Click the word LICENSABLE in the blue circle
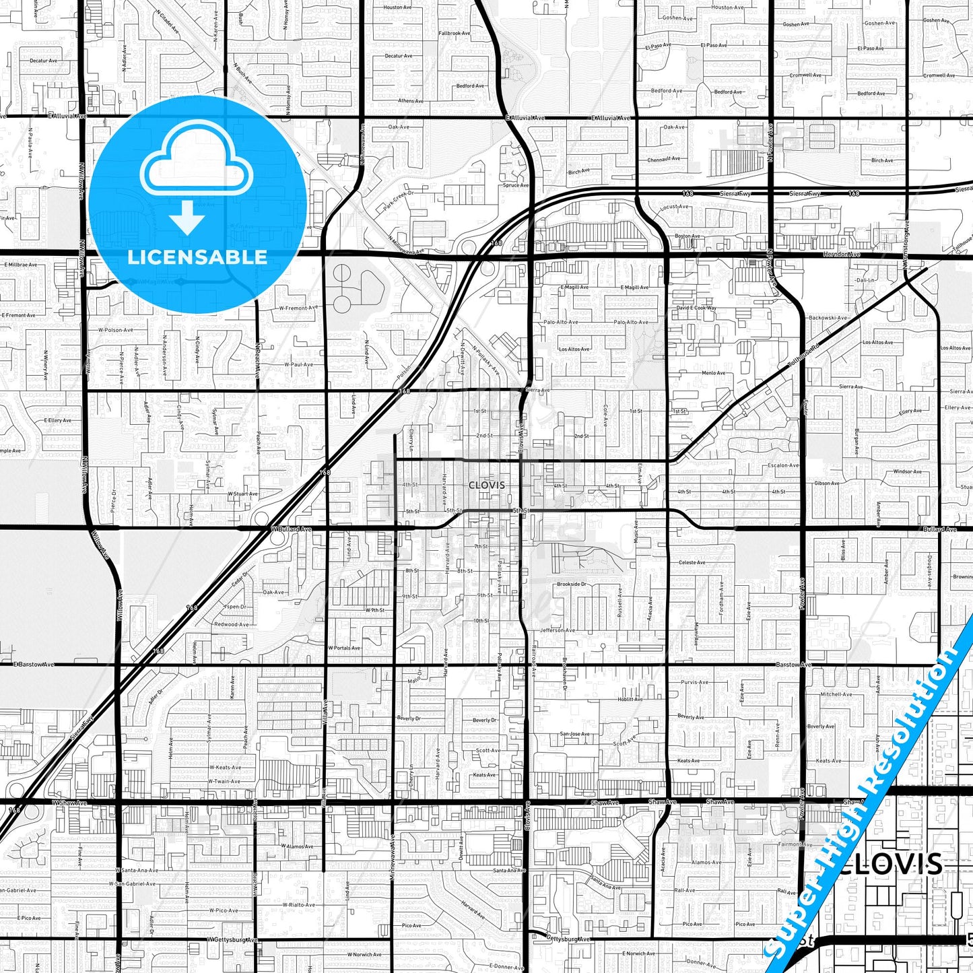(197, 257)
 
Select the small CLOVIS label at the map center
(486, 485)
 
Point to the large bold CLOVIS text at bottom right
(891, 864)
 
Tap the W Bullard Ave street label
(291, 529)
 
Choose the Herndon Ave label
(841, 255)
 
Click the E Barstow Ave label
(34, 664)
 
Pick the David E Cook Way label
(696, 308)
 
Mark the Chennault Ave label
(663, 160)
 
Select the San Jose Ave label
(574, 734)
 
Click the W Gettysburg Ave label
(232, 939)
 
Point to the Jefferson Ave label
(558, 630)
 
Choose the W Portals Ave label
(344, 648)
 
